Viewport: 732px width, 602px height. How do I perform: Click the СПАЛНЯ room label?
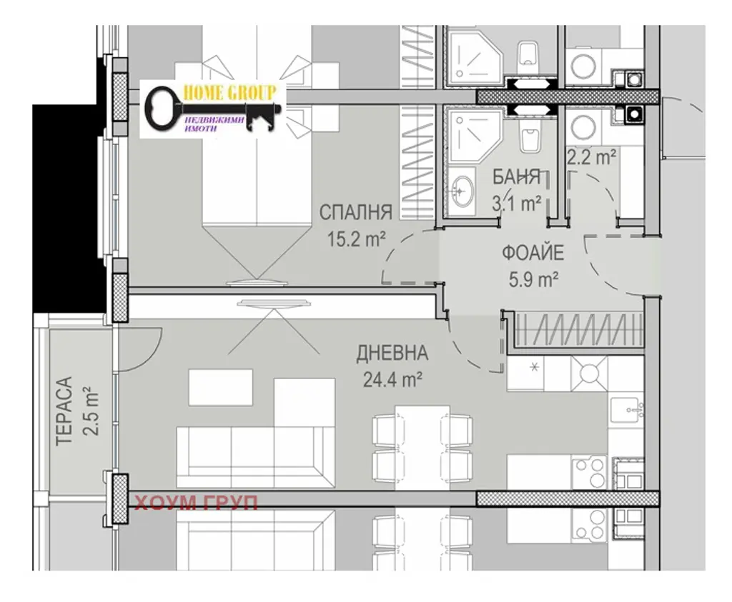[x=356, y=213]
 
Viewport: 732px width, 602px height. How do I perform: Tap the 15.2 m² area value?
[x=356, y=240]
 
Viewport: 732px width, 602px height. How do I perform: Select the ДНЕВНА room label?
[x=392, y=353]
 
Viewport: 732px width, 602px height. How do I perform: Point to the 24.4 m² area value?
[x=392, y=380]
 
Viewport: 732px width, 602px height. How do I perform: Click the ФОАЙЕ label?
[x=533, y=254]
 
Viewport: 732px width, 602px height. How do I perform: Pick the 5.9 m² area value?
[x=533, y=280]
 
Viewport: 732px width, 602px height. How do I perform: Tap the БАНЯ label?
[x=517, y=177]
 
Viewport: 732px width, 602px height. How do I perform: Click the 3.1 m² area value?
[x=517, y=204]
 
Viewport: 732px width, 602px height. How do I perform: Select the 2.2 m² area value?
[x=591, y=157]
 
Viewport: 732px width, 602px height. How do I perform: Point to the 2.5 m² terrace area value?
[x=91, y=411]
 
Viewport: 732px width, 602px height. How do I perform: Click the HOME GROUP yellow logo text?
[x=229, y=92]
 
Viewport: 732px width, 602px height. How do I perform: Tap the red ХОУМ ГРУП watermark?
[x=196, y=503]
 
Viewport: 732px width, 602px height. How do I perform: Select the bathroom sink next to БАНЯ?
[x=460, y=191]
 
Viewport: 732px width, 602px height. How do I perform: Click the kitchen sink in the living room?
[x=626, y=411]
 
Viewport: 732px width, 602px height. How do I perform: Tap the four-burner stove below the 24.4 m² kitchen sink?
[x=590, y=472]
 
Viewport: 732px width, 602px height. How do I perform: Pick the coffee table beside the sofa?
[x=220, y=388]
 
